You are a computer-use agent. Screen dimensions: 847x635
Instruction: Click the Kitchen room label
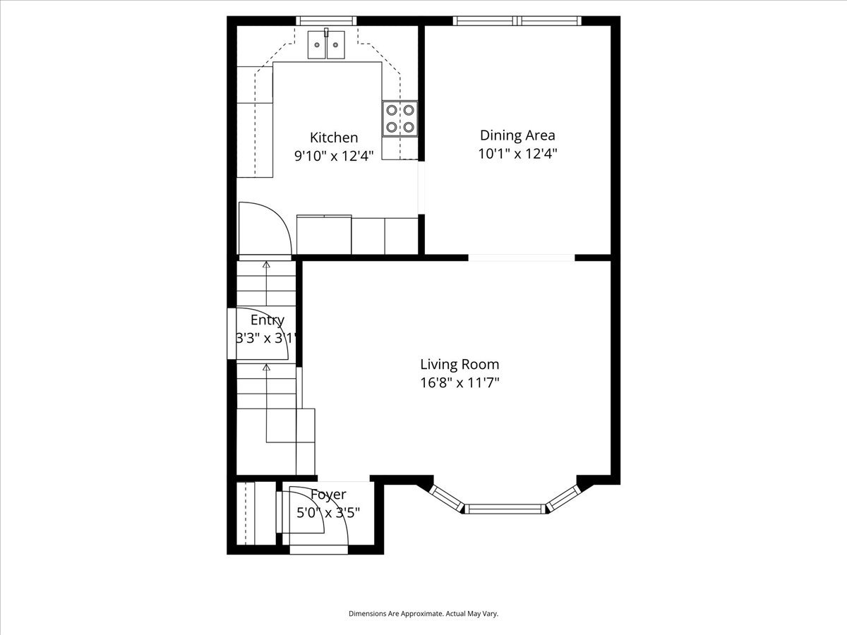(x=334, y=138)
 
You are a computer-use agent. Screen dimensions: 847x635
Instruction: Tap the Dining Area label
(x=517, y=135)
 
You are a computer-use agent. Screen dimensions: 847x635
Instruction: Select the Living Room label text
(x=459, y=364)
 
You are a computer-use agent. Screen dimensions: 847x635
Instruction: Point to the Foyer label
(x=328, y=495)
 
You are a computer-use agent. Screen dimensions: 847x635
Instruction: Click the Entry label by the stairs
(x=268, y=320)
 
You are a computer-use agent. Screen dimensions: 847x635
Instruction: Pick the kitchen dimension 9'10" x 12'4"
(x=334, y=156)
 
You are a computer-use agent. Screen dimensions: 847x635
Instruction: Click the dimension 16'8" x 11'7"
(x=459, y=383)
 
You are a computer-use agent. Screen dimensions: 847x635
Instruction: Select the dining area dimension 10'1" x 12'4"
(x=518, y=154)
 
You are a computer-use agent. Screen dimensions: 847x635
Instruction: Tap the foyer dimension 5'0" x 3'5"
(x=328, y=513)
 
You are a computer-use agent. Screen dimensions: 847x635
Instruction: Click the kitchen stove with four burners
(x=400, y=119)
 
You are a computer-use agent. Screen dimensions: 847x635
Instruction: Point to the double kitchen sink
(x=326, y=44)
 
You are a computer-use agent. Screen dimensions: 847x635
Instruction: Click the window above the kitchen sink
(x=326, y=20)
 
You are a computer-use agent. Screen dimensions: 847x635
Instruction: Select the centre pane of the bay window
(x=505, y=509)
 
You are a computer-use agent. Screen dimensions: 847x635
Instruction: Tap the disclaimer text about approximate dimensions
(x=423, y=613)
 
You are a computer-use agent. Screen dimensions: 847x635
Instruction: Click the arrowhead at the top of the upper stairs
(x=266, y=265)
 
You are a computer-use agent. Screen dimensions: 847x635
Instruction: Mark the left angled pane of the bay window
(x=447, y=498)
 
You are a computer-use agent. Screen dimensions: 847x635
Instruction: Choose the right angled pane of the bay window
(x=563, y=498)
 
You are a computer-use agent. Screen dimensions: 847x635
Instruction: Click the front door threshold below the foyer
(x=319, y=550)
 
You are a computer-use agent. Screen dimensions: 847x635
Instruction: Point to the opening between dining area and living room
(x=522, y=258)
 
